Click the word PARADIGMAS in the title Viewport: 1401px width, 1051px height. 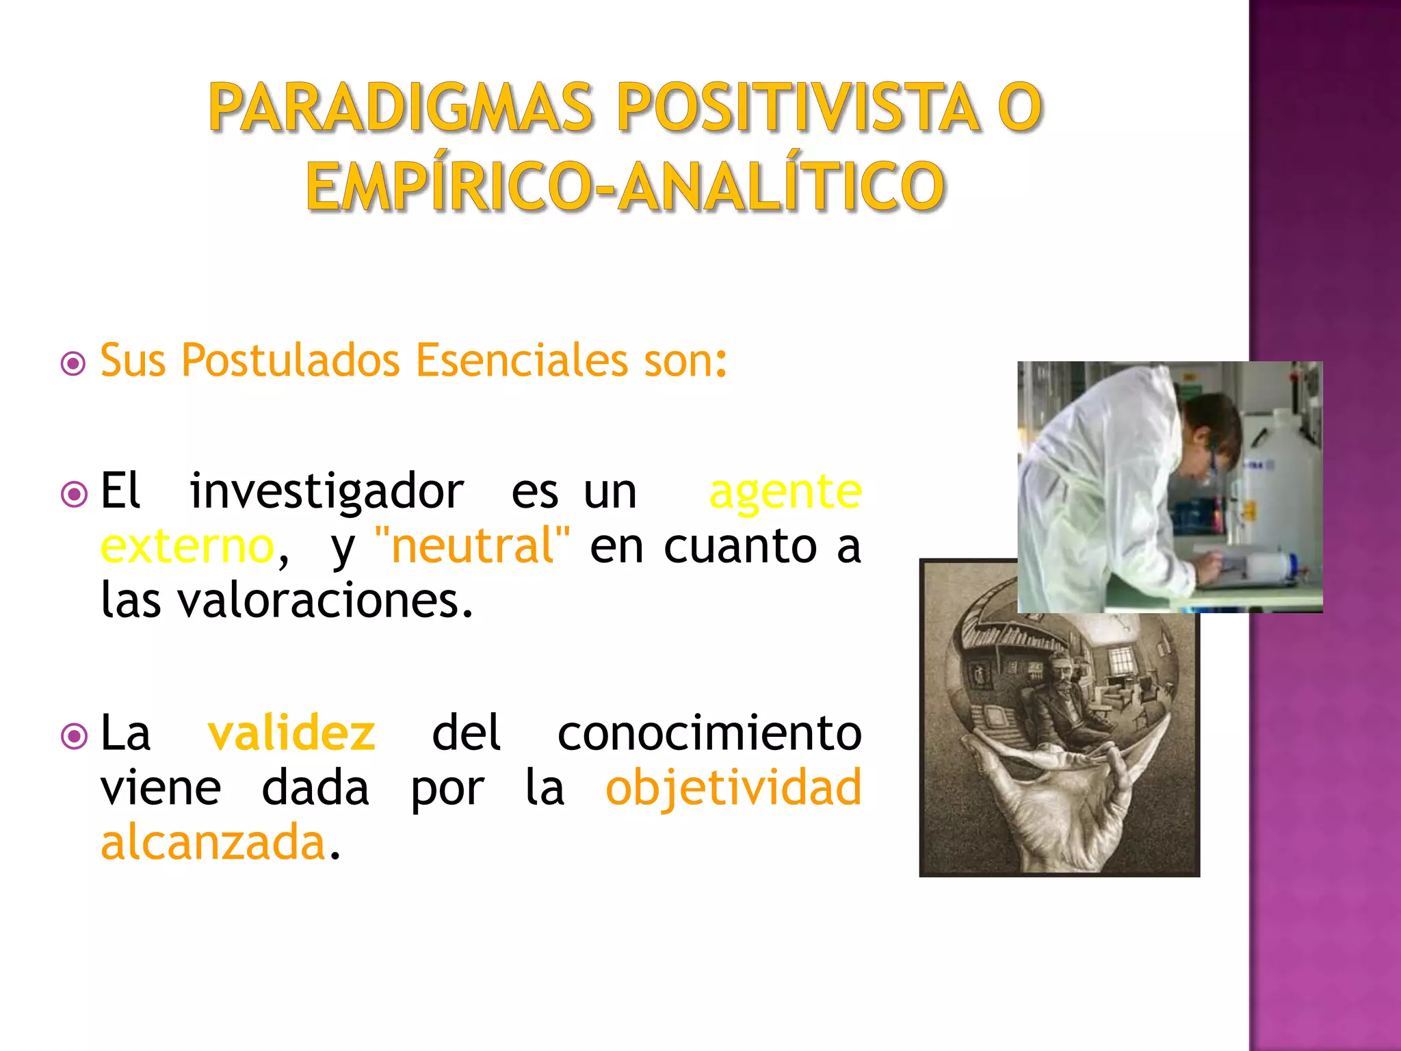[400, 107]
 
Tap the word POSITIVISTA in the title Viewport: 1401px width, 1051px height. [797, 107]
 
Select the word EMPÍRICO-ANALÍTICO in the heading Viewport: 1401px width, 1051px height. [625, 186]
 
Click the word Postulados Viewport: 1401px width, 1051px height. [291, 361]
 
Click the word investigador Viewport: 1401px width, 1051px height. [327, 491]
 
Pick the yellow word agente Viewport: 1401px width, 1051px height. [785, 491]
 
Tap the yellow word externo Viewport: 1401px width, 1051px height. [187, 546]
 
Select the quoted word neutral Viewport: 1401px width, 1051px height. [473, 546]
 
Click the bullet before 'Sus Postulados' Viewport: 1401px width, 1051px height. [73, 363]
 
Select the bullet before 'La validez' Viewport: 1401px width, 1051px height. [73, 736]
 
